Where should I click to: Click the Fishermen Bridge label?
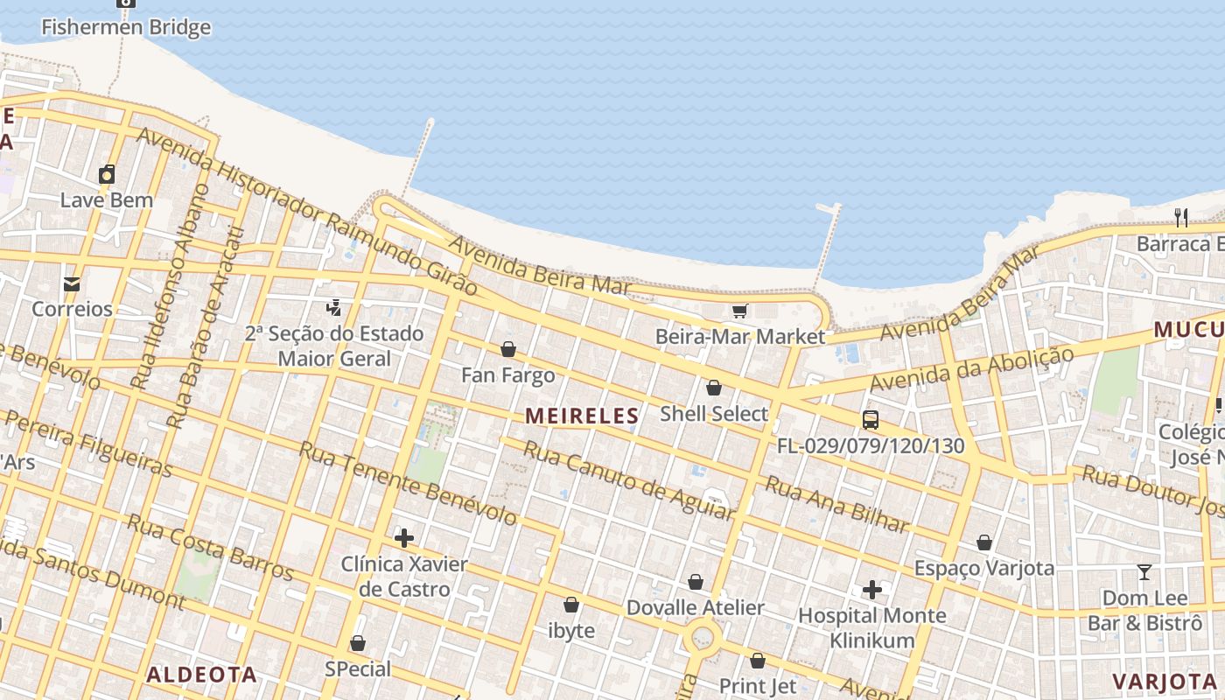click(126, 27)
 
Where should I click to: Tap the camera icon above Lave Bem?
click(107, 174)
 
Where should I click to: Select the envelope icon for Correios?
click(72, 283)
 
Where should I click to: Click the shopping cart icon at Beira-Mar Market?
click(739, 311)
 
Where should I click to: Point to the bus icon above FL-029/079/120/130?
click(870, 419)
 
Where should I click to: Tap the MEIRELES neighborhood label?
click(582, 416)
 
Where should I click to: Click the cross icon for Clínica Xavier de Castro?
click(403, 537)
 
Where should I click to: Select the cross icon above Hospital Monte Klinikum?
click(871, 590)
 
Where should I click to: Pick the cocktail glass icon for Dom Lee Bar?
click(1144, 572)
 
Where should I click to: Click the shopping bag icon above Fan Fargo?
click(507, 350)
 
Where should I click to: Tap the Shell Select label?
click(714, 414)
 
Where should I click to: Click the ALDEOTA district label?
click(201, 674)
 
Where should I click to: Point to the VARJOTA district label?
click(1165, 681)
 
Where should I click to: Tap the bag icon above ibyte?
click(570, 605)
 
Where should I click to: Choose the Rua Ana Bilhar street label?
click(836, 505)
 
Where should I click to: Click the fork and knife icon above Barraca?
click(1180, 216)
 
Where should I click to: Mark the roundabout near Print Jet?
click(703, 638)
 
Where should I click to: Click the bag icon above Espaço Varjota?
click(984, 542)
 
